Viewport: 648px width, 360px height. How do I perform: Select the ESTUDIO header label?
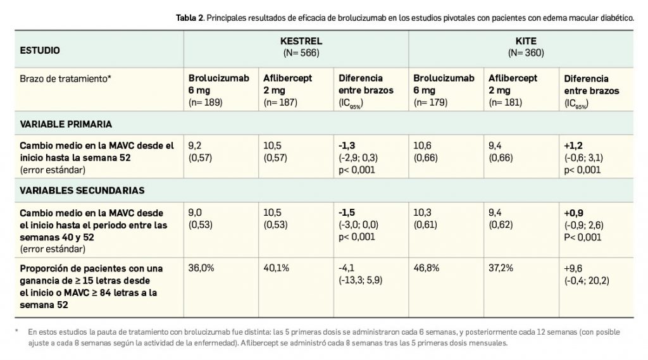40,49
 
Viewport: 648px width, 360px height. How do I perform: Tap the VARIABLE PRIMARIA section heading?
66,124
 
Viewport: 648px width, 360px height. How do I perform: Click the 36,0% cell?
201,268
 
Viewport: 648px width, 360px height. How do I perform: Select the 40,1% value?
276,268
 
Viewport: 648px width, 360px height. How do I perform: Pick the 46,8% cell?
426,268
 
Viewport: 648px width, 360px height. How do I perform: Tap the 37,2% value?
501,268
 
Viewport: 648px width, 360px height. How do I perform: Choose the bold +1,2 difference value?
573,146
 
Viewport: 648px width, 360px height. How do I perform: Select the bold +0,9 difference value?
574,214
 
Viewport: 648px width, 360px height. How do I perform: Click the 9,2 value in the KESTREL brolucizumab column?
195,146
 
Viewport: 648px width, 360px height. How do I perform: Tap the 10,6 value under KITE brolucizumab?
422,146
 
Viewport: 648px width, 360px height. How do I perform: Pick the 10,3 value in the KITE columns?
422,214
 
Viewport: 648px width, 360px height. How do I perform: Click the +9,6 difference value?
573,268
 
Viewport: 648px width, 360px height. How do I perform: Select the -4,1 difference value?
347,268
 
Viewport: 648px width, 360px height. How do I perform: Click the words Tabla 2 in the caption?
189,18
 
